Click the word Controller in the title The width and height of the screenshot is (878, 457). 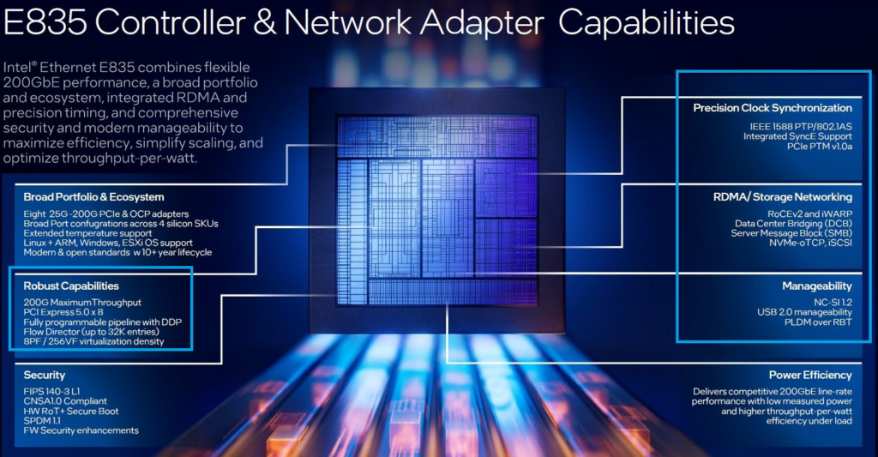click(x=171, y=23)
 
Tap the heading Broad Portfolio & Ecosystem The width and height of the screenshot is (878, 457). click(x=93, y=197)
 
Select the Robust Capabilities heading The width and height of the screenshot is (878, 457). click(x=71, y=286)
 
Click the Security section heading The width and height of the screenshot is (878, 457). click(x=45, y=376)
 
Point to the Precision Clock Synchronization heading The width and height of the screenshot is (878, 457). click(x=773, y=108)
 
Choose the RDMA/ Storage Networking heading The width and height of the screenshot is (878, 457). click(x=783, y=197)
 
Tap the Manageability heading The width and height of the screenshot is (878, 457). click(x=817, y=286)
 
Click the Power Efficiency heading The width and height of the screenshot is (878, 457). click(x=810, y=376)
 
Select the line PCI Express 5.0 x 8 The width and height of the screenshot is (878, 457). click(x=63, y=312)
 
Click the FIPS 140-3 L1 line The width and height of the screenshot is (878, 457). click(x=51, y=392)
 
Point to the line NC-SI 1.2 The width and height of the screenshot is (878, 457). click(x=833, y=303)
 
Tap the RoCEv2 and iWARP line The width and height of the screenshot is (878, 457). click(x=809, y=214)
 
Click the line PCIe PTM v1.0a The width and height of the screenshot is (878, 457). click(x=820, y=146)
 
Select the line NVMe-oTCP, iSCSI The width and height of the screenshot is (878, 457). click(x=810, y=243)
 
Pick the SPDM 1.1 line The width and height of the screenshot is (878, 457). click(x=42, y=421)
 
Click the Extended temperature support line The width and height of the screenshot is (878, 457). click(x=87, y=233)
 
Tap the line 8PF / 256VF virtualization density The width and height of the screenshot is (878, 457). click(x=93, y=341)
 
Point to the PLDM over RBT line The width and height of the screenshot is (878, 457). click(x=817, y=322)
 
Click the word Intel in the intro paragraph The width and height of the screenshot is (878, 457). click(x=17, y=68)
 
